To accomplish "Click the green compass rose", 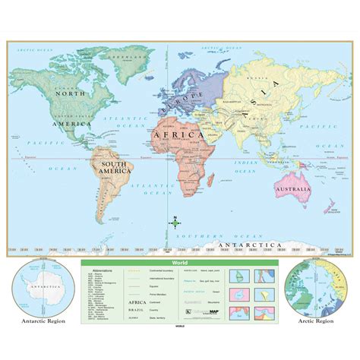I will coord(175,222).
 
